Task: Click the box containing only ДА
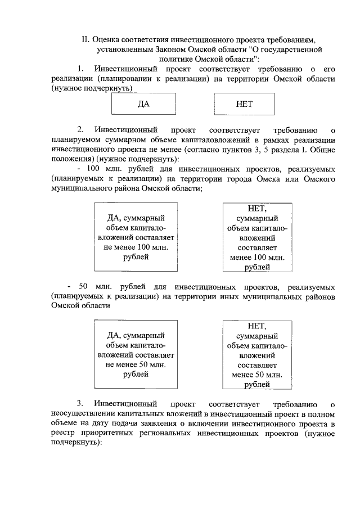pyautogui.click(x=143, y=104)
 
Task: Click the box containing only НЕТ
pyautogui.click(x=245, y=104)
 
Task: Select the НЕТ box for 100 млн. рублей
pyautogui.click(x=257, y=237)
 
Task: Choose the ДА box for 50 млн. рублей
pyautogui.click(x=135, y=354)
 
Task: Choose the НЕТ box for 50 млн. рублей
pyautogui.click(x=257, y=354)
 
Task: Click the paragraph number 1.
pyautogui.click(x=81, y=69)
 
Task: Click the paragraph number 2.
pyautogui.click(x=81, y=130)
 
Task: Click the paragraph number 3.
pyautogui.click(x=81, y=404)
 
